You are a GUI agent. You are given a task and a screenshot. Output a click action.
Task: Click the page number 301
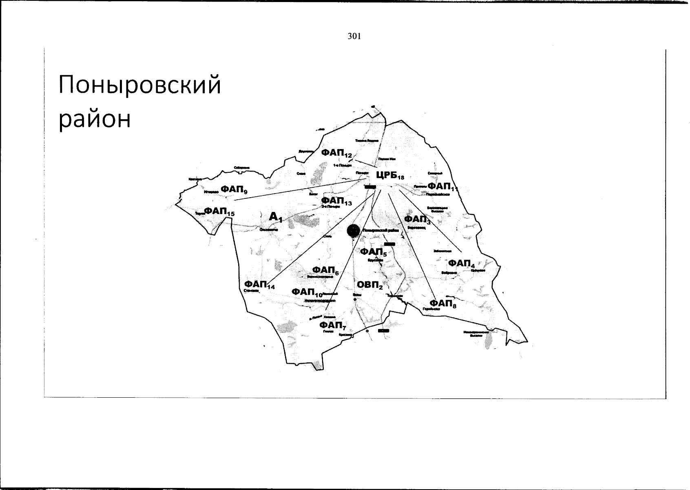[x=354, y=36]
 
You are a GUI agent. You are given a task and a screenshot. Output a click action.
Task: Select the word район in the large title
[x=95, y=119]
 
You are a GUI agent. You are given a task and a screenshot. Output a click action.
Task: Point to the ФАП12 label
[x=336, y=153]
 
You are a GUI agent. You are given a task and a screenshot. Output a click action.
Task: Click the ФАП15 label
[x=219, y=211]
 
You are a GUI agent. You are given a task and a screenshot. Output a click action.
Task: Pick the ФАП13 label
[x=336, y=201]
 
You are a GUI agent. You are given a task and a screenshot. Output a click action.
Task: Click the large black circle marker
[x=354, y=230]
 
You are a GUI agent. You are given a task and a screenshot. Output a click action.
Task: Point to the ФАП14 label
[x=259, y=284]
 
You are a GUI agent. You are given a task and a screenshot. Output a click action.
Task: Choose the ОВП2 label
[x=369, y=285]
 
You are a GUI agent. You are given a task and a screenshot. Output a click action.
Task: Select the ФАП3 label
[x=417, y=220]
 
